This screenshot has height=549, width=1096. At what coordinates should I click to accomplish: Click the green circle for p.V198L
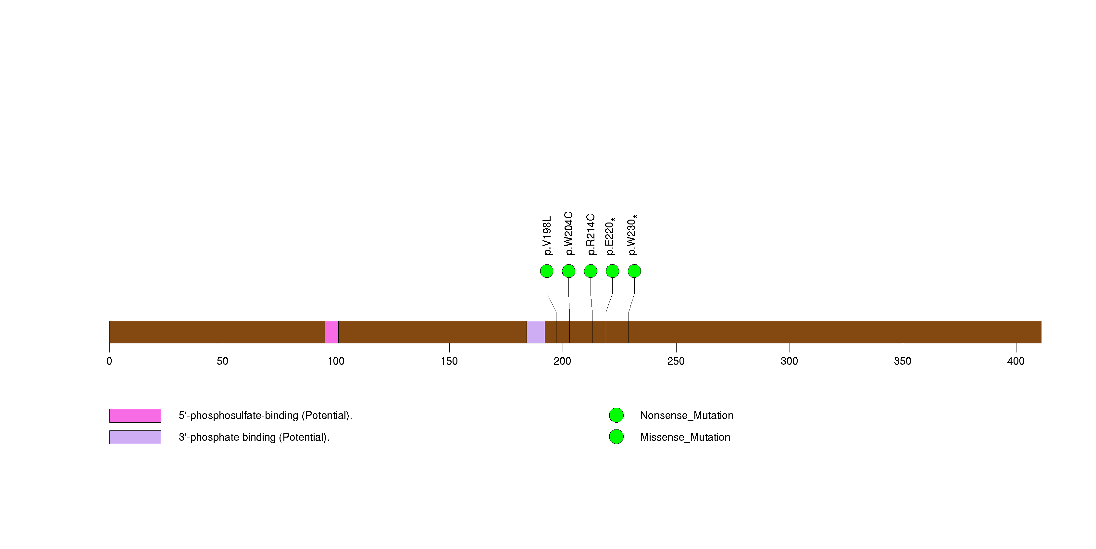pyautogui.click(x=547, y=271)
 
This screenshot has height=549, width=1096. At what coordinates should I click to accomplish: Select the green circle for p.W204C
pyautogui.click(x=568, y=271)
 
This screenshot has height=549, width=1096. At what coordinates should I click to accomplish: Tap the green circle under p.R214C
pyautogui.click(x=591, y=271)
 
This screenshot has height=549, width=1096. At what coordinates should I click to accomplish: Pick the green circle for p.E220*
pyautogui.click(x=612, y=271)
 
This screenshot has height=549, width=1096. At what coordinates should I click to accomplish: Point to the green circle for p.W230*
pyautogui.click(x=634, y=271)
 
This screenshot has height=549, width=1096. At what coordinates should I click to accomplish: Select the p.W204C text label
pyautogui.click(x=569, y=233)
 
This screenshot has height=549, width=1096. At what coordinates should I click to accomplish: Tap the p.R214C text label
pyautogui.click(x=591, y=235)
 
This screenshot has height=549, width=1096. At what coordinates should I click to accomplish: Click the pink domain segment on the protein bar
pyautogui.click(x=331, y=332)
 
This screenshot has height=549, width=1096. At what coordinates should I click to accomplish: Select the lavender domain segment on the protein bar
pyautogui.click(x=536, y=332)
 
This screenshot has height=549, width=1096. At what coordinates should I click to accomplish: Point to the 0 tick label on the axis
pyautogui.click(x=109, y=361)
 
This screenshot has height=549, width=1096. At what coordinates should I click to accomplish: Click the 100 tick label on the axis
pyautogui.click(x=336, y=361)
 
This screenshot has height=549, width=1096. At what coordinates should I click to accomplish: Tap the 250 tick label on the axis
pyautogui.click(x=676, y=361)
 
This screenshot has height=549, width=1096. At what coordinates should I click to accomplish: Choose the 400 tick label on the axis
pyautogui.click(x=1015, y=361)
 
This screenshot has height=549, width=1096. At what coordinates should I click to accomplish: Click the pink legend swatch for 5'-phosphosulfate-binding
pyautogui.click(x=135, y=416)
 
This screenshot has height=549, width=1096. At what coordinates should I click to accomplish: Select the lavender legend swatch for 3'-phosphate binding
pyautogui.click(x=135, y=437)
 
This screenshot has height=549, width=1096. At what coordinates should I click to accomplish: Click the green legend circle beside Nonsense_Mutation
pyautogui.click(x=616, y=415)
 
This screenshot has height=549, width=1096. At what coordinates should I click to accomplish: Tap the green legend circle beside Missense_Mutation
pyautogui.click(x=616, y=437)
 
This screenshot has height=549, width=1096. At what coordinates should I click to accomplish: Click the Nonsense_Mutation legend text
pyautogui.click(x=687, y=415)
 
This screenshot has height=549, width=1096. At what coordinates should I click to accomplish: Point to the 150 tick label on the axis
pyautogui.click(x=449, y=361)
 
